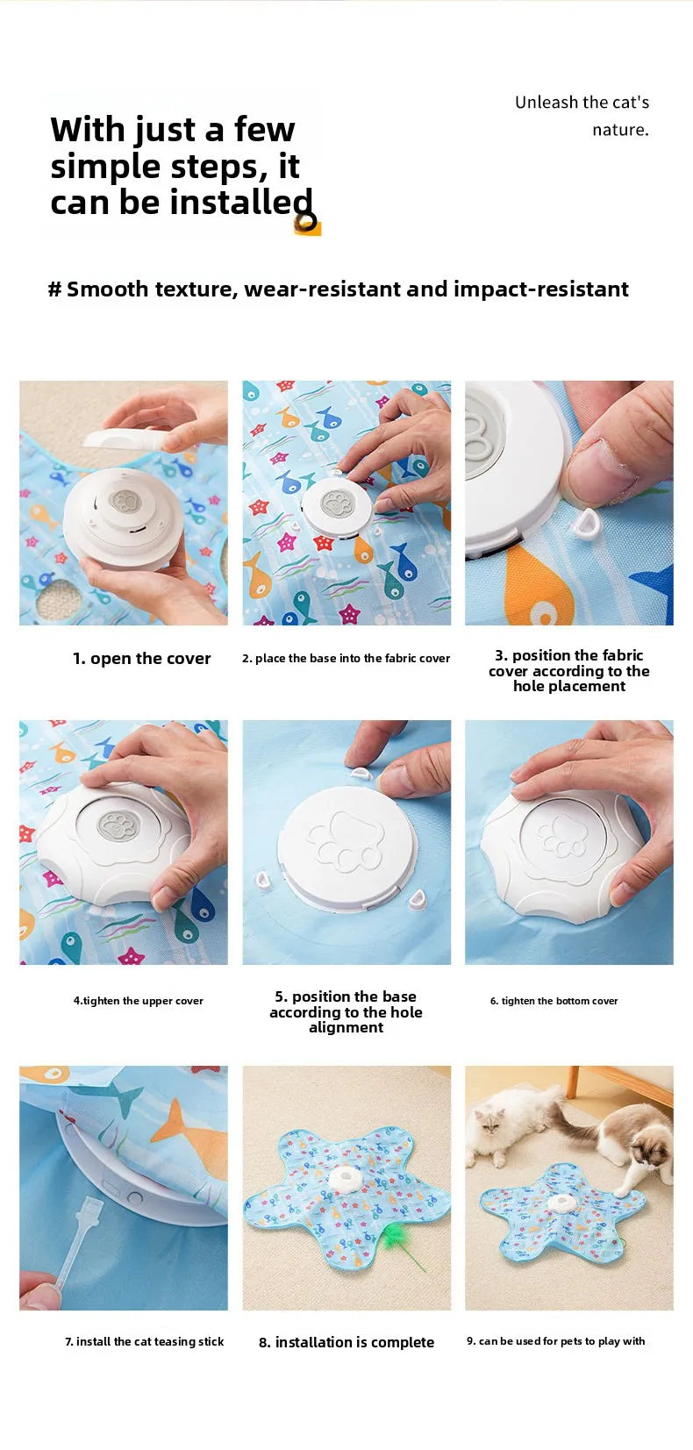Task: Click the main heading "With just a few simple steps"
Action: point(180,166)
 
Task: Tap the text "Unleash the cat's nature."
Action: point(582,116)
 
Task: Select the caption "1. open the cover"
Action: point(141,659)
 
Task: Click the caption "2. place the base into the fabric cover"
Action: point(346,659)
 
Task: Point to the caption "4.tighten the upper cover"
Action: point(138,1001)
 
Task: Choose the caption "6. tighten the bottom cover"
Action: point(554,1001)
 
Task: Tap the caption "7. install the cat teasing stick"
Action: point(144,1341)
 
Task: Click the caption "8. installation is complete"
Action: point(346,1342)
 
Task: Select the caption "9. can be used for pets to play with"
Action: point(555,1341)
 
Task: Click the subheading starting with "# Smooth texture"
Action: point(338,289)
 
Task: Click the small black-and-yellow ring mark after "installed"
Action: point(306,222)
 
